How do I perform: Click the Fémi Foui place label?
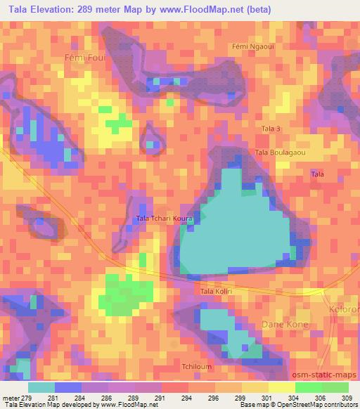click(x=84, y=58)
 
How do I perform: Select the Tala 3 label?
click(x=271, y=129)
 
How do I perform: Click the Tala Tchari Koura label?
click(x=163, y=219)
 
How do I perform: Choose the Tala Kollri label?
click(x=217, y=291)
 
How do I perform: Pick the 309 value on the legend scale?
click(x=345, y=398)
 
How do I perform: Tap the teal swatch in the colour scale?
click(x=41, y=387)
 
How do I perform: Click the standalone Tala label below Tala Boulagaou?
click(x=318, y=174)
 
